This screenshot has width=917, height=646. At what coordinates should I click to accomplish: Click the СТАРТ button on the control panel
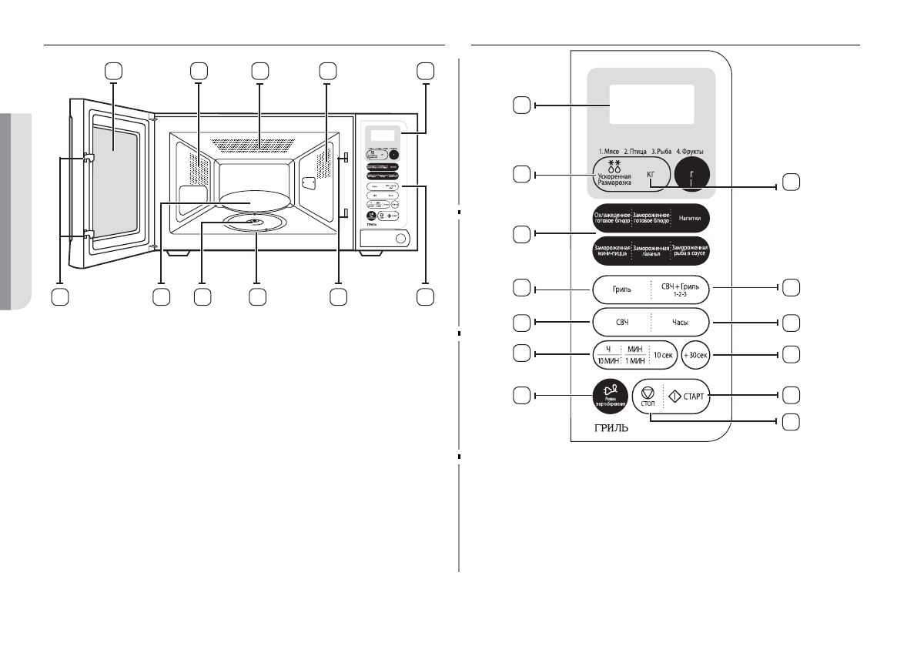[682, 397]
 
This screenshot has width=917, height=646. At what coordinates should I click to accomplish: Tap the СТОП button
[648, 398]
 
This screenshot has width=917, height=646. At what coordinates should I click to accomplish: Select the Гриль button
[622, 290]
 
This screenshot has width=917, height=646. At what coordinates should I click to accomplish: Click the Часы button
[680, 323]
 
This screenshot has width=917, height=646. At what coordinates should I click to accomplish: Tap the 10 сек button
[661, 356]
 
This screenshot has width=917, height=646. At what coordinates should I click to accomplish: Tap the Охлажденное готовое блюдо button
[612, 218]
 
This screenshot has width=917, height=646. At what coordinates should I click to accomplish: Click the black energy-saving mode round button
[608, 397]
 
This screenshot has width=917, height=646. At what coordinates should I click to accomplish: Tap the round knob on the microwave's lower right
[400, 240]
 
